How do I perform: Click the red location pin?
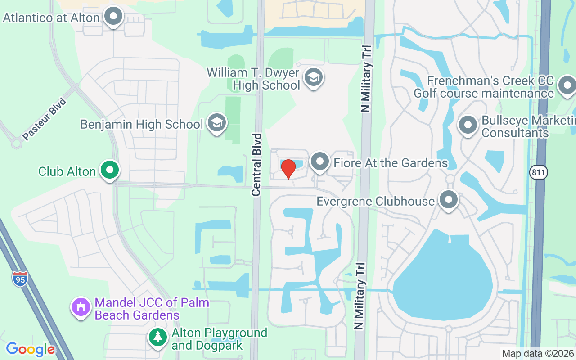(x=288, y=169)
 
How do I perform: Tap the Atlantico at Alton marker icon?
(x=113, y=17)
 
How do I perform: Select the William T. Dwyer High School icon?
(x=313, y=77)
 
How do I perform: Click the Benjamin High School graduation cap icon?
(x=217, y=123)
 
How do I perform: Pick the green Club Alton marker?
(x=109, y=170)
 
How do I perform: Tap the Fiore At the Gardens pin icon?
(x=320, y=162)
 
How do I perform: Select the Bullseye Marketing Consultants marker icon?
(x=468, y=125)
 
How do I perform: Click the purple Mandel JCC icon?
(x=81, y=308)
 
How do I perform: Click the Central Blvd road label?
(x=256, y=164)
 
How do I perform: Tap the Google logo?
(x=30, y=349)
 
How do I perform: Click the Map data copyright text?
(x=538, y=354)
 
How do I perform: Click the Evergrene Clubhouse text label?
(x=376, y=201)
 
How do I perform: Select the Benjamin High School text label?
(x=142, y=124)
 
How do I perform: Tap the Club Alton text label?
(x=67, y=171)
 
